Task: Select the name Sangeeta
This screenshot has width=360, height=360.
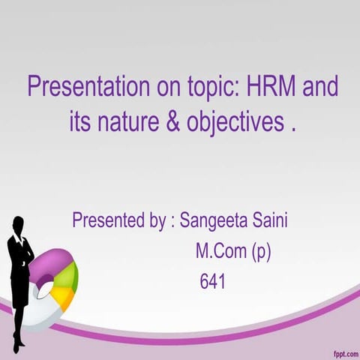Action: coord(214,222)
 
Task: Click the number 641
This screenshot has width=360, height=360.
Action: coord(212,282)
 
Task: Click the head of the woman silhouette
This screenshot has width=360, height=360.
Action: coord(19,223)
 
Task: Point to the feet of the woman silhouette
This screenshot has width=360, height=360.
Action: coord(17,347)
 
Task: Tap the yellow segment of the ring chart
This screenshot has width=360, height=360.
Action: coord(65,298)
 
